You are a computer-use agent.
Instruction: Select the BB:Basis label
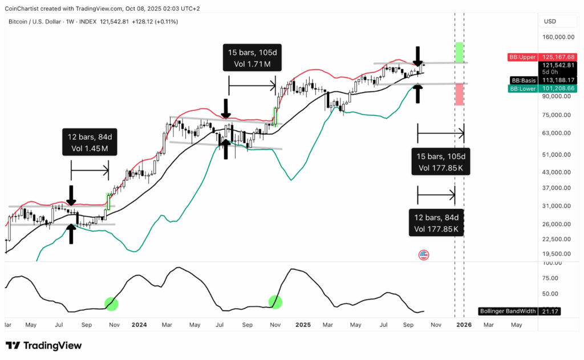point(523,80)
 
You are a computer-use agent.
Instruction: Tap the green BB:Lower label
point(521,88)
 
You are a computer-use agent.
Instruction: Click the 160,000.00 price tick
point(558,37)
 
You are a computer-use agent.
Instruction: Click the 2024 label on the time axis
point(139,325)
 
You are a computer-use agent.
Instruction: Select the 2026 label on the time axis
point(464,325)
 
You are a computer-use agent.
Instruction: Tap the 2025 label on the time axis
point(303,325)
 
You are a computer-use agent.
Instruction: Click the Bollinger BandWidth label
point(507,312)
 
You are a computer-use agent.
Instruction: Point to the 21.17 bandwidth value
point(552,312)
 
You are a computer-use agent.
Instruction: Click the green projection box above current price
point(459,52)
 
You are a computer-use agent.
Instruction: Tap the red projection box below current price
point(459,94)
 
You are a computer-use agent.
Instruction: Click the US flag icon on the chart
point(424,255)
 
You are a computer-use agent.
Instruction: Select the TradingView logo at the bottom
point(43,346)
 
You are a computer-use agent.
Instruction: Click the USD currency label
point(550,21)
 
